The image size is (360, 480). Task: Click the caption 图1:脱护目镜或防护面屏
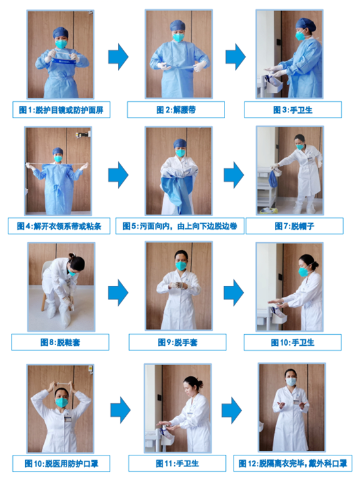(61, 110)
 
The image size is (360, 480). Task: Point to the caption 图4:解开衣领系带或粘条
(61, 226)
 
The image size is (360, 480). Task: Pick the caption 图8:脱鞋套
(61, 341)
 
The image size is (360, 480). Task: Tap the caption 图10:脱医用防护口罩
(61, 463)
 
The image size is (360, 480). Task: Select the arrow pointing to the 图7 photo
(234, 173)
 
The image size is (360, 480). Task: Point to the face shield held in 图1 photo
(63, 61)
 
